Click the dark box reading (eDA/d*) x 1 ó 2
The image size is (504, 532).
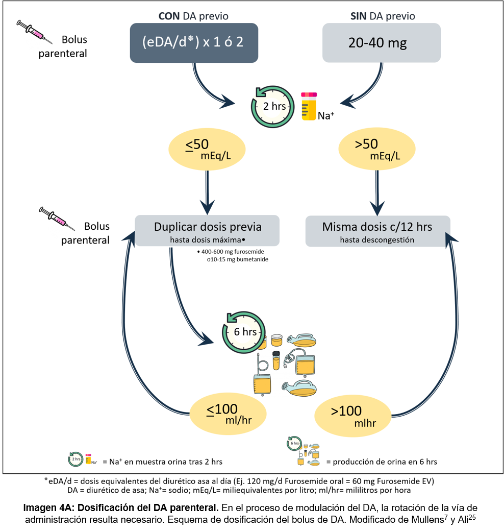click(194, 42)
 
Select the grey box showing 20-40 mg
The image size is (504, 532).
click(382, 43)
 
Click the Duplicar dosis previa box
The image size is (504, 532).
click(207, 230)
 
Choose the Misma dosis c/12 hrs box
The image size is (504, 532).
click(377, 230)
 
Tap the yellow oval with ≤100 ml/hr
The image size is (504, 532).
click(229, 414)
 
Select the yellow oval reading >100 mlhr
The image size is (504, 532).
click(353, 414)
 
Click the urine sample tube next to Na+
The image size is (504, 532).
click(309, 106)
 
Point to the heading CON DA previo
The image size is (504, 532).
click(193, 16)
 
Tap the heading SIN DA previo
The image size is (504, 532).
click(383, 16)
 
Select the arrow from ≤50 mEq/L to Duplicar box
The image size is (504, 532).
click(207, 191)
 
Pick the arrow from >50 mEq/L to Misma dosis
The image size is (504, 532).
click(377, 191)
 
